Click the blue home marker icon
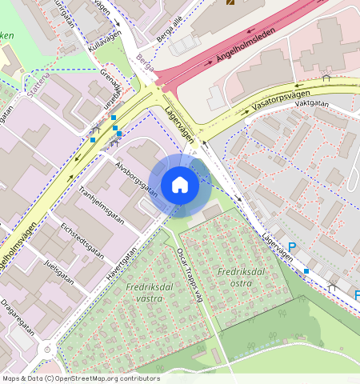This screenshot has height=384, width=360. point(180,185)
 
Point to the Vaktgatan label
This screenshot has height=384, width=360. point(312,103)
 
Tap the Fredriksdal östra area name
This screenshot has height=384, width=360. point(240,277)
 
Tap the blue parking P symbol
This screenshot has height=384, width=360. point(292,249)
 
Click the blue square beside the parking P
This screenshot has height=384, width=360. point(306,270)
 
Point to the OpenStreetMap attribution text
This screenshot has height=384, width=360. point(80,378)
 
